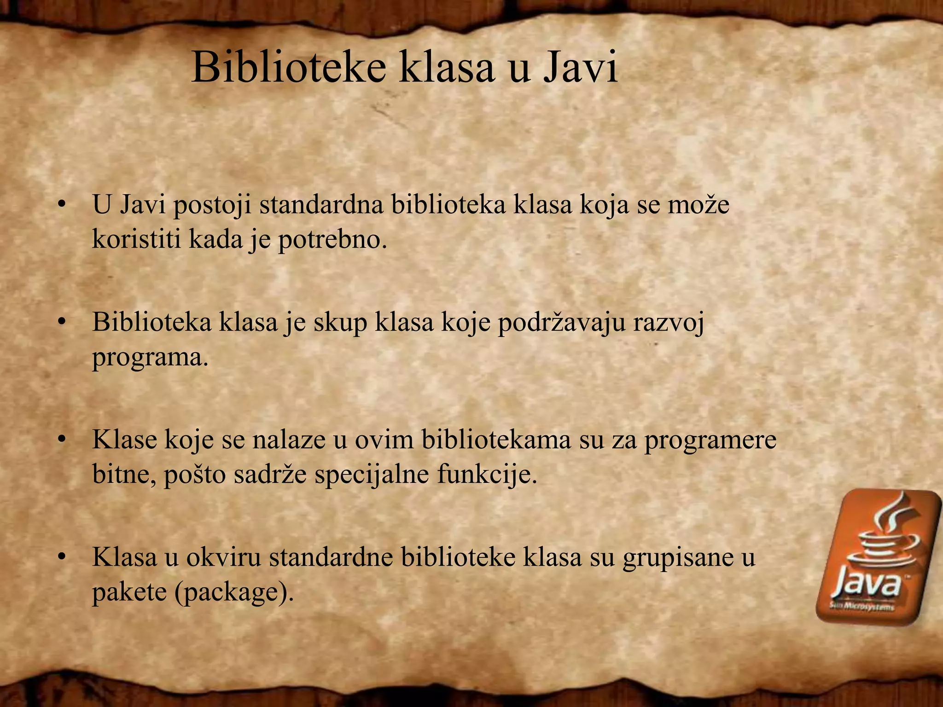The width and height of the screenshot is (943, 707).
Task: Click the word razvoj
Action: (x=669, y=322)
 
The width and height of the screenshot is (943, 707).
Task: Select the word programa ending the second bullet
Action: (x=150, y=357)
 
